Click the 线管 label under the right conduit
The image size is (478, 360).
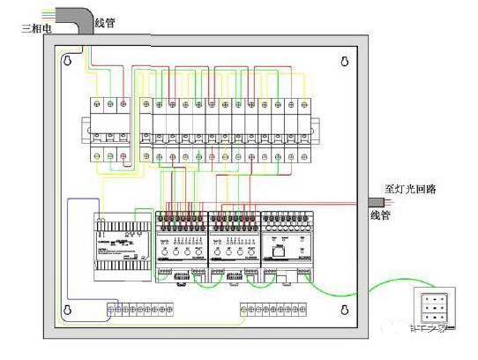(380, 214)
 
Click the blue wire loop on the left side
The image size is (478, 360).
(72, 238)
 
